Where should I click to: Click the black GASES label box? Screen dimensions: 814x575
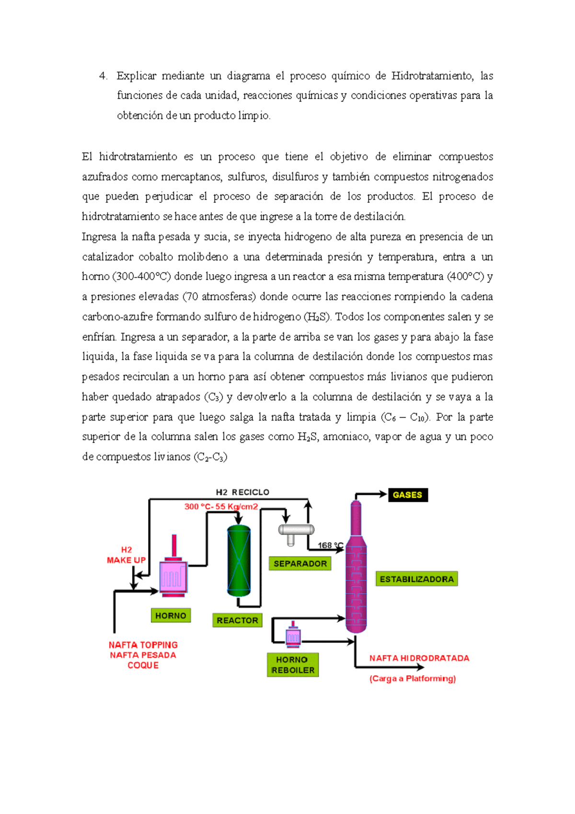point(408,495)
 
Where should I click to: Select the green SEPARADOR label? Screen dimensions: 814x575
point(300,564)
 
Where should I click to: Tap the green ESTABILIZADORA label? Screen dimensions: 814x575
point(416,579)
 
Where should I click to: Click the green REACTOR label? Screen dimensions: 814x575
point(237,620)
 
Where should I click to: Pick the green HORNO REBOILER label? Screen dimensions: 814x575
point(293,665)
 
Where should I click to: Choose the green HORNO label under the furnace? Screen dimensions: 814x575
point(171,616)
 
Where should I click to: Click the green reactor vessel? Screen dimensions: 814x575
point(239,560)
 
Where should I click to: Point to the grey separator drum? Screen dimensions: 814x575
point(296,530)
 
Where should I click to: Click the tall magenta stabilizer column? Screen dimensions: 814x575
point(356,570)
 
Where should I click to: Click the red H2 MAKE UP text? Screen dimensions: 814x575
point(126,555)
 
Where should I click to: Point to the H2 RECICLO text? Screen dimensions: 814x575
point(242,492)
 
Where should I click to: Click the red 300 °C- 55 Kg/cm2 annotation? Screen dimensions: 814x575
point(221,507)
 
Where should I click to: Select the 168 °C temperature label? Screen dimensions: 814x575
point(330,546)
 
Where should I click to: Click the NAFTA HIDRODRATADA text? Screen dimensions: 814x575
point(419,658)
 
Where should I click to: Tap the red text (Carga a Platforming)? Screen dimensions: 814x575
point(413,678)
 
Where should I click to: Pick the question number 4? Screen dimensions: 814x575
point(103,76)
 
